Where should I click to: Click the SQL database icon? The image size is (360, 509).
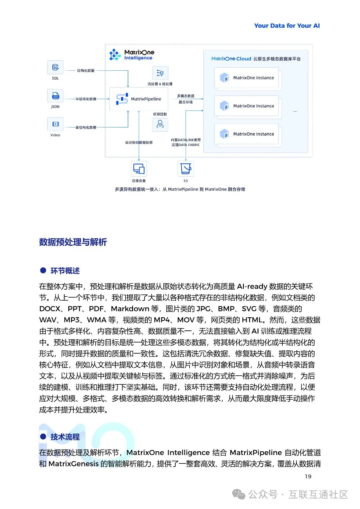click(55, 68)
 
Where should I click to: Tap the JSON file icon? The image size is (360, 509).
click(55, 96)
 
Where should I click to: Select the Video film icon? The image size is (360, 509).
click(55, 124)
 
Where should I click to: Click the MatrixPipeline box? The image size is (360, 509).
click(138, 99)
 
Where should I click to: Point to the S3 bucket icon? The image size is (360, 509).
click(186, 169)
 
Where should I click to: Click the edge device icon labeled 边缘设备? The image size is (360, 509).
click(139, 169)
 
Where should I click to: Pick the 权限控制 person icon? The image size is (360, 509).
click(160, 124)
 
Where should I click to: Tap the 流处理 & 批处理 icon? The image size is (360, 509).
click(160, 73)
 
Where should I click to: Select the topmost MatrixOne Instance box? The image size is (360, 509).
click(247, 78)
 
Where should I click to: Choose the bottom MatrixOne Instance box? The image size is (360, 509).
click(247, 134)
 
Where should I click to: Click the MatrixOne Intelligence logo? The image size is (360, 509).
click(132, 55)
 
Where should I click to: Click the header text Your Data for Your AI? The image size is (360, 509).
click(287, 26)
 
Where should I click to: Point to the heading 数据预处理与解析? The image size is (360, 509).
click(73, 242)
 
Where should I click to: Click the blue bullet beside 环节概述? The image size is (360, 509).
click(43, 270)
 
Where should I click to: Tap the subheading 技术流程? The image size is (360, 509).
click(65, 437)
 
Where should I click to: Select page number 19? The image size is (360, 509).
click(308, 476)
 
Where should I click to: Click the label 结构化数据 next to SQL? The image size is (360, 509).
click(86, 71)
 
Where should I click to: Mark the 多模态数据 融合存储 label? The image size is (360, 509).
click(186, 99)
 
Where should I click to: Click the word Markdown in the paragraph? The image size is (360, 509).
click(130, 309)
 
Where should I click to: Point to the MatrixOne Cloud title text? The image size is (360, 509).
click(231, 59)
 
